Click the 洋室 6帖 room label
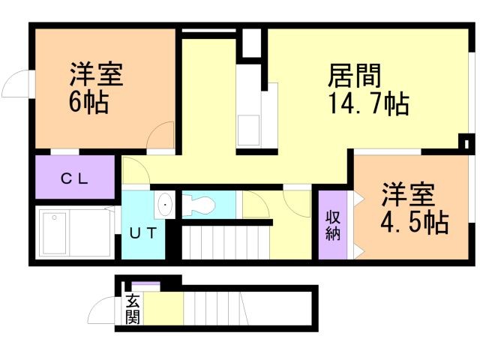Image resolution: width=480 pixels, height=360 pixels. point(97,88)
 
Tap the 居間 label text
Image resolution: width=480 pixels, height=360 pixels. point(355,76)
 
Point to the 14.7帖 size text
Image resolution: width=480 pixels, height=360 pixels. point(367,104)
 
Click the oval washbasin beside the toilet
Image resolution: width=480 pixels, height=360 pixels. point(164,204)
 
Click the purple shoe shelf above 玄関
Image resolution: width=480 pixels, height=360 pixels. point(146,285)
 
